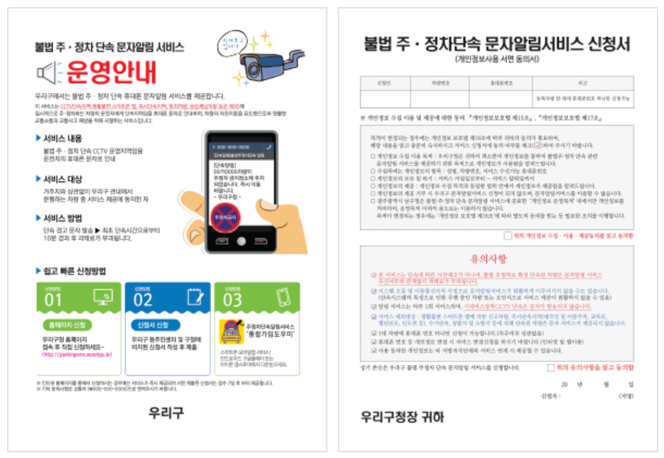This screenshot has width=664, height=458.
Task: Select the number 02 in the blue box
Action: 143,299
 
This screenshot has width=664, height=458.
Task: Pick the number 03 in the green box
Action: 231,299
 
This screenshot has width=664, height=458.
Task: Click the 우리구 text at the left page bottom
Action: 165,412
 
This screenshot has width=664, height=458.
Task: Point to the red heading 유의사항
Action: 498,258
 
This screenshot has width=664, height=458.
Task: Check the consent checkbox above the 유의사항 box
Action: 508,236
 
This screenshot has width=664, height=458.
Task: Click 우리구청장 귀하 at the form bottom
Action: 403,417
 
